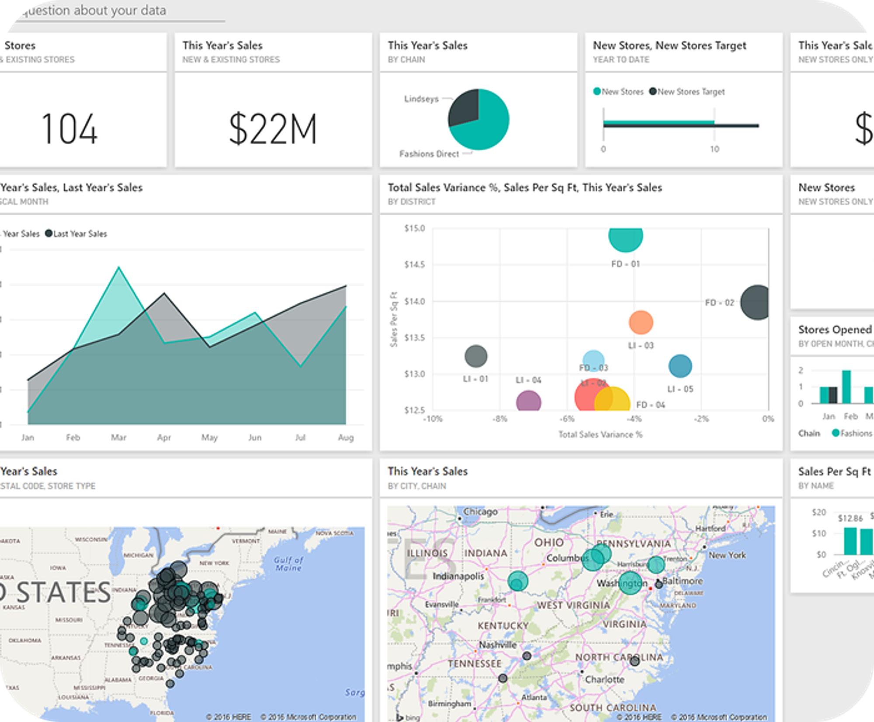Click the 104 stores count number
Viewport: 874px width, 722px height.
69,129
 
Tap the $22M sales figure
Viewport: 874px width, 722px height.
273,129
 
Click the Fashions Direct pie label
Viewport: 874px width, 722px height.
429,154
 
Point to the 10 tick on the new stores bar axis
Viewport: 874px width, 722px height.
714,149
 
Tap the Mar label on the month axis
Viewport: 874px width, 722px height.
118,437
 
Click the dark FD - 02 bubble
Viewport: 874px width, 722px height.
756,303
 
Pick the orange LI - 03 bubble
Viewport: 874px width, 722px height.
641,323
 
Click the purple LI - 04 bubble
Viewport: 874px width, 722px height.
528,401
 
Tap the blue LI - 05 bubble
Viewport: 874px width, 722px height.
680,366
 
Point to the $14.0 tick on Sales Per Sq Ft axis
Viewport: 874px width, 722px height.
414,301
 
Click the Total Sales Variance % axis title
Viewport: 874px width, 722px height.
600,434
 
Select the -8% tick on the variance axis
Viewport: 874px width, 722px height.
499,419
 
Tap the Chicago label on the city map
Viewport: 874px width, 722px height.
480,512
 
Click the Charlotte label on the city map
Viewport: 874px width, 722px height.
604,679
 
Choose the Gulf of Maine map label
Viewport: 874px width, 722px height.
288,564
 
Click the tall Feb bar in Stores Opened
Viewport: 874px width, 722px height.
846,387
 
